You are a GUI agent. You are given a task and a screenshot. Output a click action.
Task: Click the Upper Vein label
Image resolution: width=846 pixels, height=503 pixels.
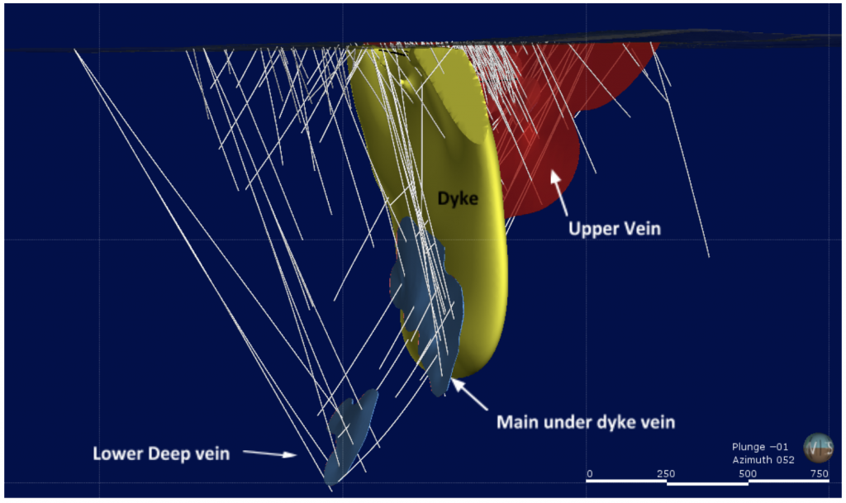coord(614,228)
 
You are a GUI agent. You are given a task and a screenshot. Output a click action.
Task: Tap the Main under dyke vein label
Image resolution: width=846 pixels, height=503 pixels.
coord(586,422)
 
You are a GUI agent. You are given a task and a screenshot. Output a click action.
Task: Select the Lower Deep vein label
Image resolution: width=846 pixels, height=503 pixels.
coord(161,453)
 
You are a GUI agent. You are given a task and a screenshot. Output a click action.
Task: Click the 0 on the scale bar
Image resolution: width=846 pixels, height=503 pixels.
coord(589,473)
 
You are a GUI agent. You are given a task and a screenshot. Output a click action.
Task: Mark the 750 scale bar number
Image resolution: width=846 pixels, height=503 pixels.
coord(819,473)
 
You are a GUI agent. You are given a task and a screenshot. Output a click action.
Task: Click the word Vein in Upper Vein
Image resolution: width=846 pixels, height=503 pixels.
coord(642,228)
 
